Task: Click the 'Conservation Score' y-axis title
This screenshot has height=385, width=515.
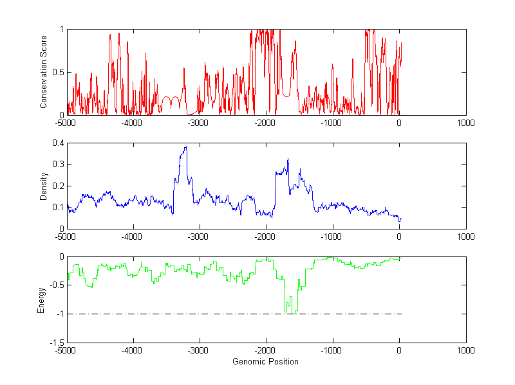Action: click(x=44, y=72)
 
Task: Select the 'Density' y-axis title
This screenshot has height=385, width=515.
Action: click(x=44, y=186)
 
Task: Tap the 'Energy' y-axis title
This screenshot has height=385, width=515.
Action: click(x=41, y=300)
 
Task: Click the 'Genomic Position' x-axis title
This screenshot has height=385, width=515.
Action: click(x=266, y=361)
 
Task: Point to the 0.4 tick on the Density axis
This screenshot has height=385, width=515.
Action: click(x=58, y=143)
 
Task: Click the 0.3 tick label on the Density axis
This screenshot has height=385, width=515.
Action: click(x=58, y=165)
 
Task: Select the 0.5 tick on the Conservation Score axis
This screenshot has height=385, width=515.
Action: click(x=58, y=72)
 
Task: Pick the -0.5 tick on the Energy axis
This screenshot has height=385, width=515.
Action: click(x=56, y=285)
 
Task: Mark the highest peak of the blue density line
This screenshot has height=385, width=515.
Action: click(x=186, y=147)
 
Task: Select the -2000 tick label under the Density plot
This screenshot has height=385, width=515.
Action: click(x=266, y=237)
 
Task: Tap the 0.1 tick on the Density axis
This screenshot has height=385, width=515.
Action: click(x=58, y=207)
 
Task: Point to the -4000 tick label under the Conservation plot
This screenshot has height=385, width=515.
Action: click(x=133, y=123)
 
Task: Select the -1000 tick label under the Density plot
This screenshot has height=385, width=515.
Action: click(x=332, y=237)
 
